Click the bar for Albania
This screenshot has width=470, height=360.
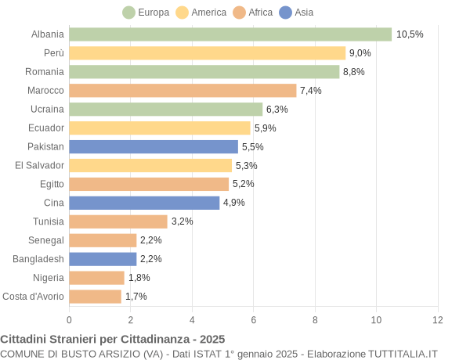tap(230, 34)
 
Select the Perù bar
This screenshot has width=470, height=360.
tap(207, 53)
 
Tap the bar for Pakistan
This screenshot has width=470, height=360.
tap(154, 146)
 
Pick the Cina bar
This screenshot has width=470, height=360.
tap(144, 203)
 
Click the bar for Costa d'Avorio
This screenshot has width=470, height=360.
tap(95, 297)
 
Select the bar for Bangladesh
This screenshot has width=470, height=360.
tap(103, 259)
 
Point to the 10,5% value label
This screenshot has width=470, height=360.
tap(410, 34)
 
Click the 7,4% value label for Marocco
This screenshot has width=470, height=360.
tap(311, 91)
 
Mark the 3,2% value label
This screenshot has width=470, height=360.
tap(183, 221)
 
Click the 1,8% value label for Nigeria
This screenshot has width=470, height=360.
tap(139, 278)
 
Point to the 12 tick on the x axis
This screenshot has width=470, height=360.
tap(438, 319)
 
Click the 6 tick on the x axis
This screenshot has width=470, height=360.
tap(254, 319)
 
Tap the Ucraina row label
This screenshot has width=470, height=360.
tap(47, 110)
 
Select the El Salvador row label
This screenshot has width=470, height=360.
tap(39, 165)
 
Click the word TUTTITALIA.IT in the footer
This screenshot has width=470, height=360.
tap(396, 354)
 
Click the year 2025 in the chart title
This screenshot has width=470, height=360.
tap(211, 340)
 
